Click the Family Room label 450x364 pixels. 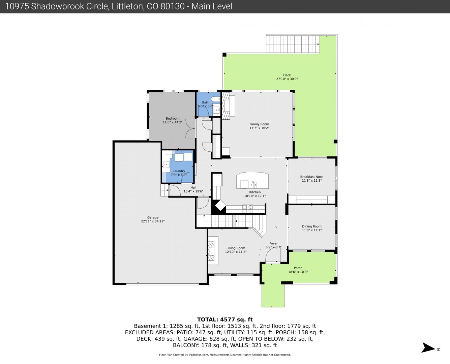click(x=259, y=124)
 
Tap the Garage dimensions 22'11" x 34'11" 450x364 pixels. click(x=153, y=221)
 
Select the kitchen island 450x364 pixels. click(x=252, y=180)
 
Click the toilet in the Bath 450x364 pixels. click(x=216, y=99)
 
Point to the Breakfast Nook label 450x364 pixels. click(x=311, y=177)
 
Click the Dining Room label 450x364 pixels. click(x=311, y=226)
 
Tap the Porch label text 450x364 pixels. click(x=298, y=268)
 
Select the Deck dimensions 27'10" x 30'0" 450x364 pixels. click(x=287, y=79)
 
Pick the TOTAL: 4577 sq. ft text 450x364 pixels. click(x=225, y=320)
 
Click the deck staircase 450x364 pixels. click(x=292, y=44)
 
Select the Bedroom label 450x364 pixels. click(x=173, y=119)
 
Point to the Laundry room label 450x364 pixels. click(x=179, y=171)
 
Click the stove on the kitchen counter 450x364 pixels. click(x=248, y=209)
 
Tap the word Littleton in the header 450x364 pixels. click(x=128, y=6)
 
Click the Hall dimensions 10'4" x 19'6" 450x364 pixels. click(x=193, y=191)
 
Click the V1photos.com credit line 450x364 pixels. click(x=225, y=355)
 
